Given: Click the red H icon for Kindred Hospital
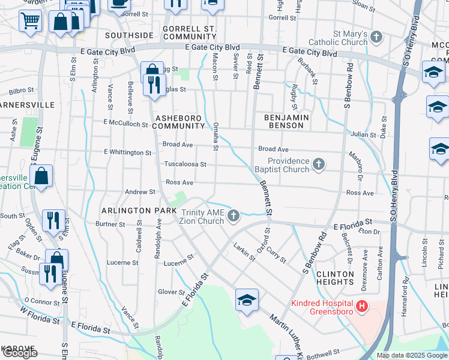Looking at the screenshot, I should coord(362,307).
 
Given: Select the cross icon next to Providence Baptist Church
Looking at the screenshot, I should coord(319,164).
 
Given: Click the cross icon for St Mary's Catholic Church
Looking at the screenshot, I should coord(376,38).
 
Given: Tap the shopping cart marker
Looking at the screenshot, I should coord(29,21).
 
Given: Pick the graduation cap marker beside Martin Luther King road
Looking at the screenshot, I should coord(247,299).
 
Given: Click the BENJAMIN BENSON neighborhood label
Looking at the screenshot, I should coord(287,122).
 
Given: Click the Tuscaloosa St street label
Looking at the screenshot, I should coord(185,164).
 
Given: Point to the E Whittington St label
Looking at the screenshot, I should coord(127,152).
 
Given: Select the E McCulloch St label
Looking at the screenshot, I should coord(125,124).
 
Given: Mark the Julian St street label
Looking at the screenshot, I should coord(364,134).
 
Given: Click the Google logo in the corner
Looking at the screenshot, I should coord(20,353).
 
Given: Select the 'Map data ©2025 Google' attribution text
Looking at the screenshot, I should coord(412,355).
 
